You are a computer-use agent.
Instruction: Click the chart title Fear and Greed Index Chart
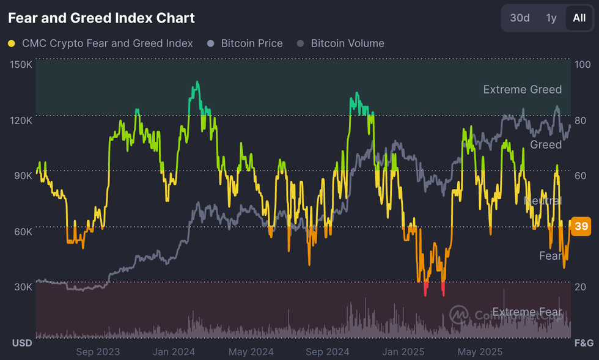coord(101,18)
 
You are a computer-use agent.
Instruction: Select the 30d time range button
coord(520,18)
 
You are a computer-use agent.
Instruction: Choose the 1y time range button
coord(551,18)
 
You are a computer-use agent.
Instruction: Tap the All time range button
coord(579,18)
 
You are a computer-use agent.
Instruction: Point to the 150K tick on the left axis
coord(21,64)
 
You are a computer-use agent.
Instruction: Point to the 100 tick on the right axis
coord(582,64)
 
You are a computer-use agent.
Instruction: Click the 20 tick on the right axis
coord(581,287)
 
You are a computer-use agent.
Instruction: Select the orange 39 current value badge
coord(582,227)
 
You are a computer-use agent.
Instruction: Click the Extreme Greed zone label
coord(522,90)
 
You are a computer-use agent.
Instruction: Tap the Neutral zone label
coord(543,200)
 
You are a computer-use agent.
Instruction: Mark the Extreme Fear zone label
coord(527,312)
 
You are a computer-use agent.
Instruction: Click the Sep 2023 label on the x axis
coord(98,351)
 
